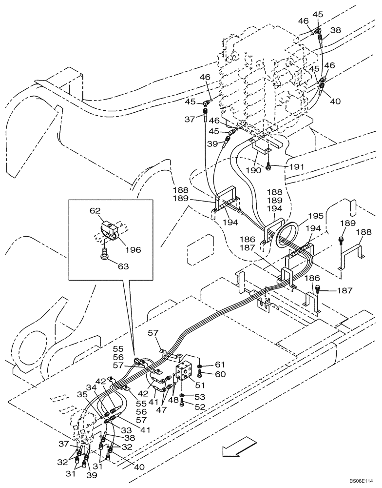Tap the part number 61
[x=220, y=365]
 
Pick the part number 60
[x=220, y=374]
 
